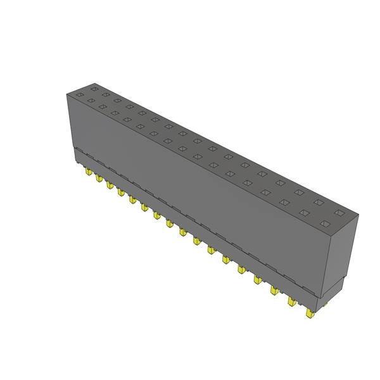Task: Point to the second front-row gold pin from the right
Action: (x=292, y=301)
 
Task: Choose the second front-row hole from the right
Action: (x=305, y=212)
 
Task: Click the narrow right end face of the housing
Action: (x=340, y=253)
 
